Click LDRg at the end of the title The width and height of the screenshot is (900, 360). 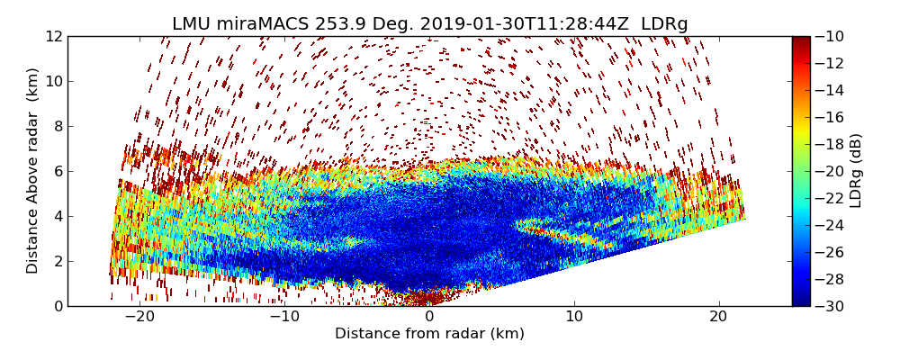(664, 24)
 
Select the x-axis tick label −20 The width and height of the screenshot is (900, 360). (139, 318)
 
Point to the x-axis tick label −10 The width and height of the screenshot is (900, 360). (284, 318)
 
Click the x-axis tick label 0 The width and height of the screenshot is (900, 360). (429, 318)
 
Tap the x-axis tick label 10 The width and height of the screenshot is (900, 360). (574, 318)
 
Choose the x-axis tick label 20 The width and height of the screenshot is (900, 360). (718, 318)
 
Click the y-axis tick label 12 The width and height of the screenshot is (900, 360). (53, 37)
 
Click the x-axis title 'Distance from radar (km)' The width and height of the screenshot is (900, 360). (429, 334)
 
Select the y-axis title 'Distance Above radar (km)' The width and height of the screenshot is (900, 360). (33, 171)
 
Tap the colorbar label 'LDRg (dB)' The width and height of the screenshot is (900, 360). (856, 171)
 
